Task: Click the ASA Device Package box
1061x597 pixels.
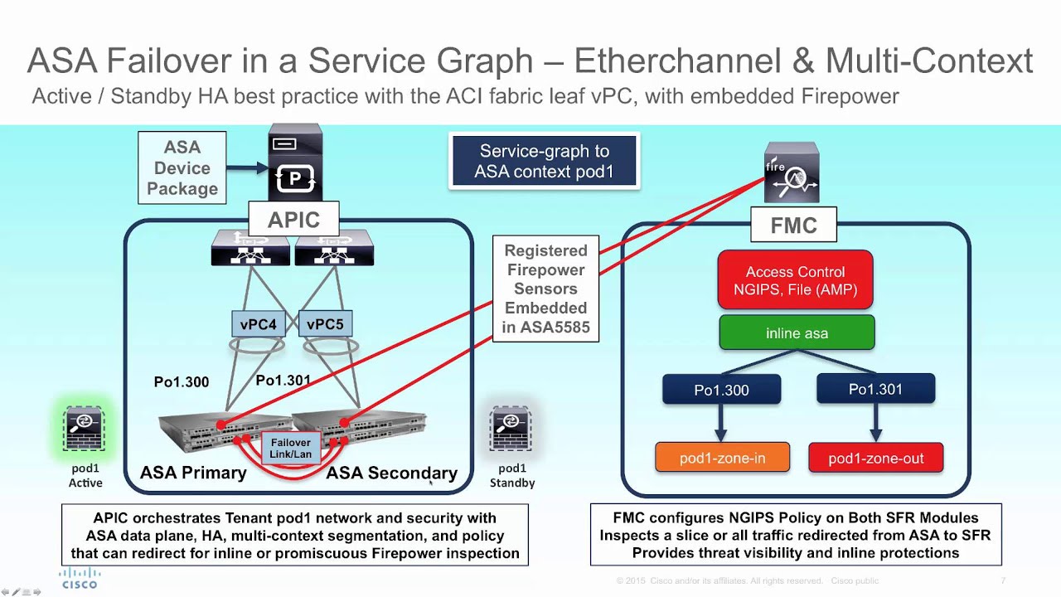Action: (182, 167)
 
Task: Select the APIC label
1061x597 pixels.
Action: (293, 220)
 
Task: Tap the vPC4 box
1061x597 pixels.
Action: (259, 324)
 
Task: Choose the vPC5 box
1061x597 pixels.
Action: (325, 324)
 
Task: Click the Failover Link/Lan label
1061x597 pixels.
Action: (291, 448)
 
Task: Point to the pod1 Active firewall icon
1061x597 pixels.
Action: (84, 430)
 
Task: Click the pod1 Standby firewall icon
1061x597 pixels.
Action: (511, 430)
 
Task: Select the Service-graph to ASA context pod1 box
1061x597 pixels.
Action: (544, 161)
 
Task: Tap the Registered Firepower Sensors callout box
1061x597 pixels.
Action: (545, 289)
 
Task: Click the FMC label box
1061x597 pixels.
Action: (793, 225)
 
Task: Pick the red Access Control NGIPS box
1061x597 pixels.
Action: (795, 280)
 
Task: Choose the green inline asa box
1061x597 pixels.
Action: (797, 333)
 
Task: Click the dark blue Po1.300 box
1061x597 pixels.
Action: (721, 390)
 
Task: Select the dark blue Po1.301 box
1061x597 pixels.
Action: (875, 389)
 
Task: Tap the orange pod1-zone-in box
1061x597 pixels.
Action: (722, 458)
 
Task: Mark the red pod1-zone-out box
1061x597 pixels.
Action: (875, 458)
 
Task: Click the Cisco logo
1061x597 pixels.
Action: (80, 578)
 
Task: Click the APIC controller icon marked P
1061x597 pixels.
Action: (294, 164)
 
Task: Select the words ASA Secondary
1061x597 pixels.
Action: (391, 473)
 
